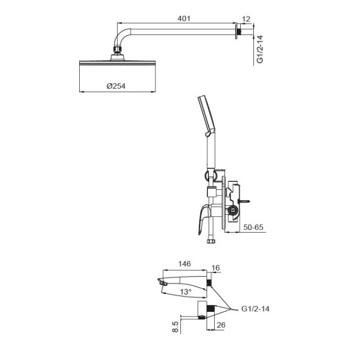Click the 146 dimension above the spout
click(184, 264)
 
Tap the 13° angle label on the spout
click(185, 291)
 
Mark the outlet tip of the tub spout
click(162, 282)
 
